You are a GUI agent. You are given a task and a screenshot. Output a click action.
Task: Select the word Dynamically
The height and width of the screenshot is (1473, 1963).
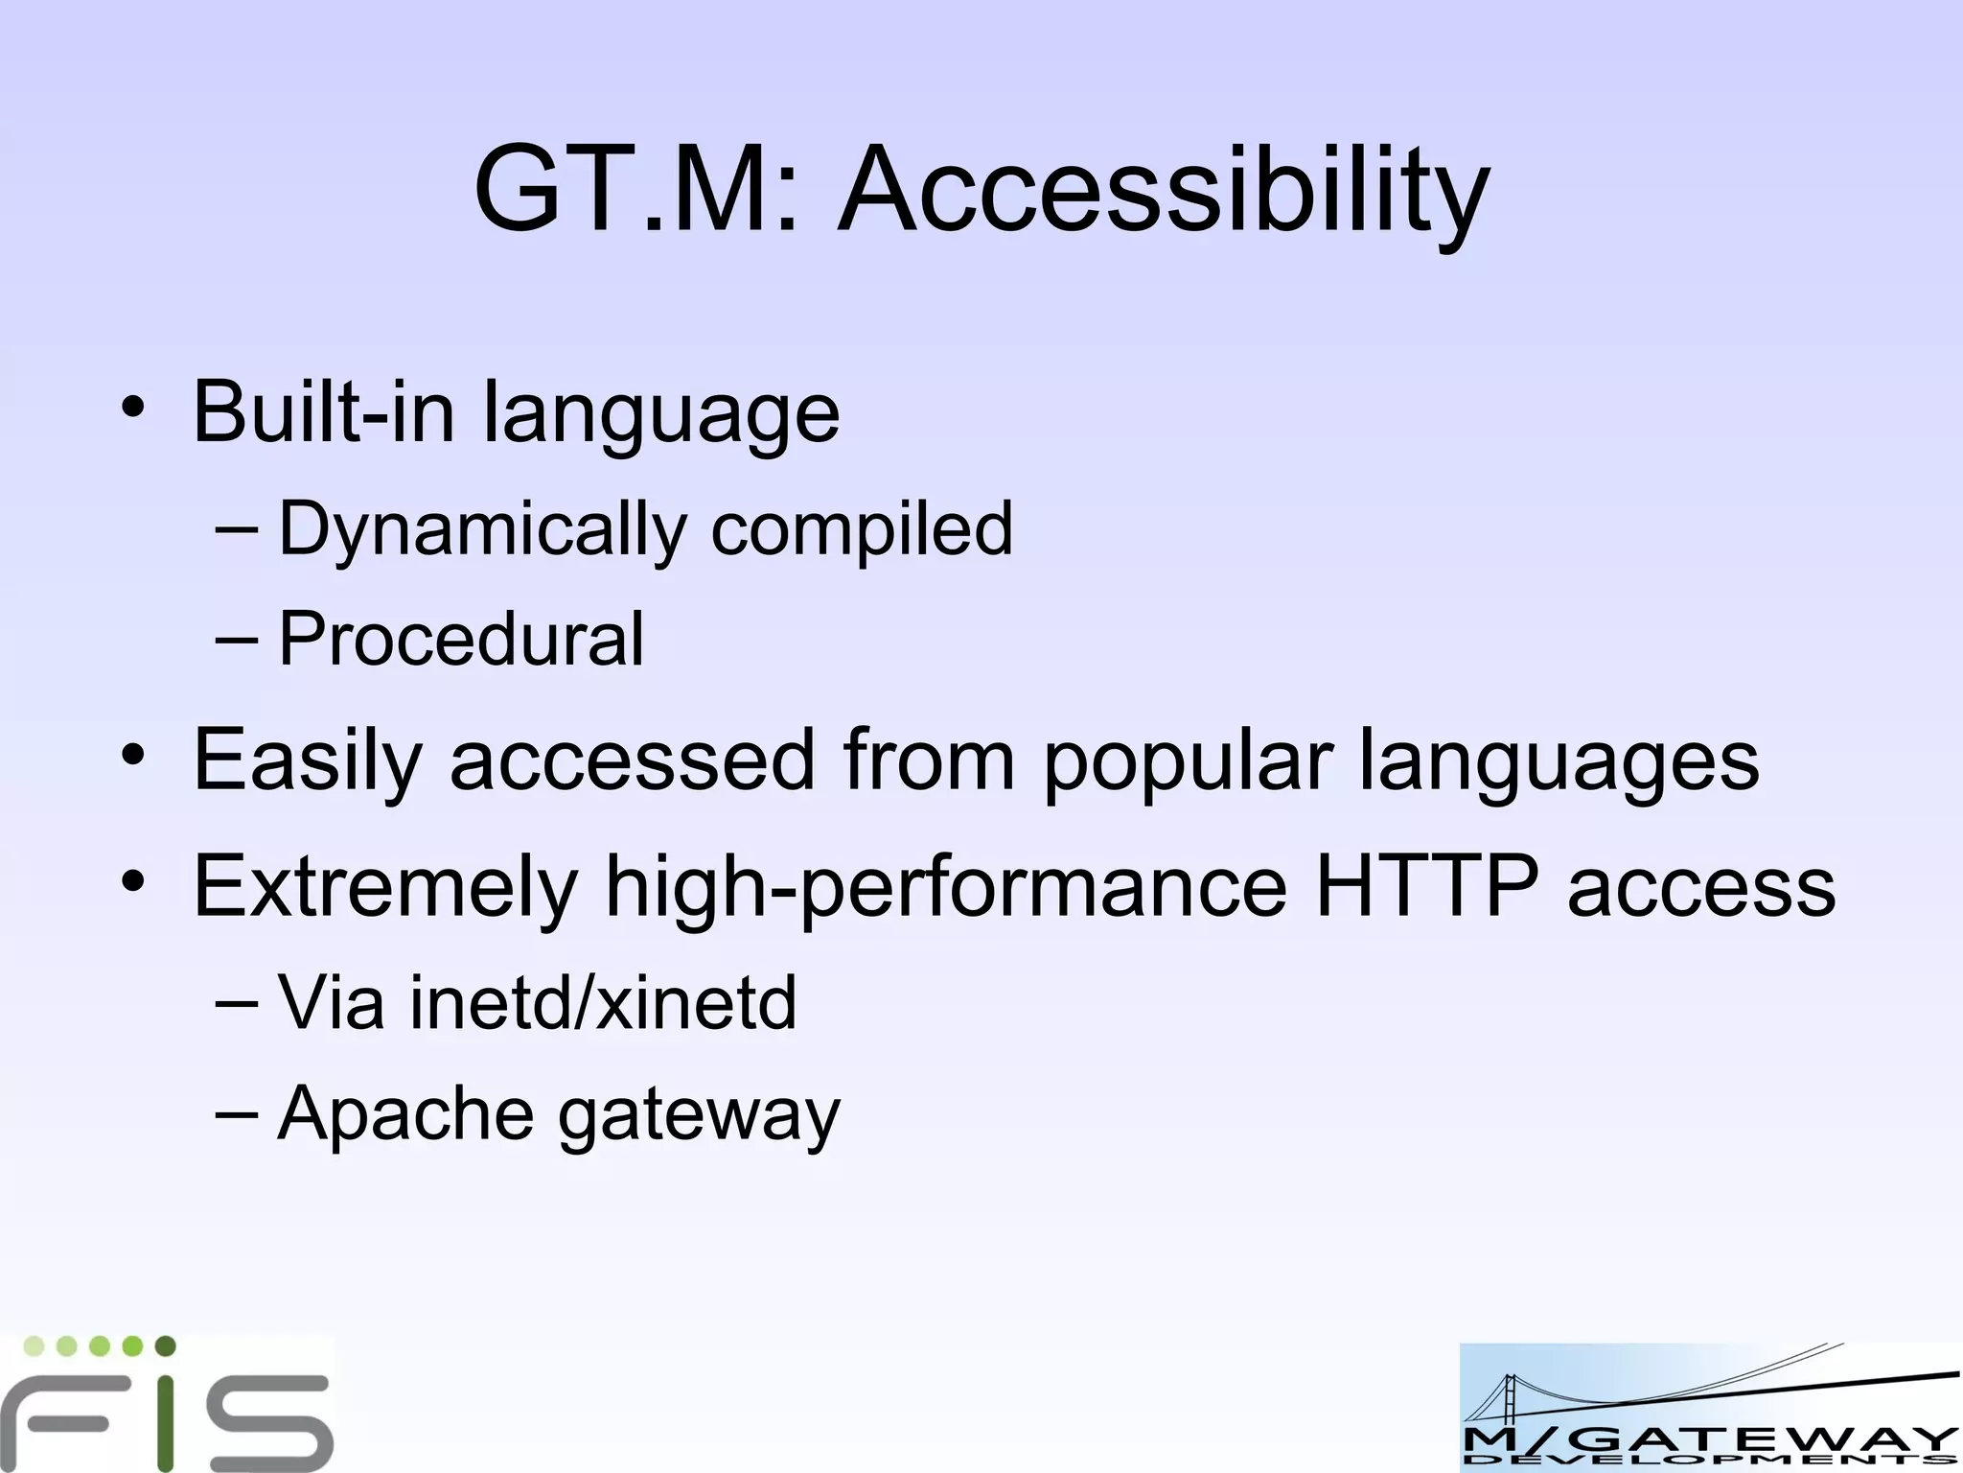[482, 529]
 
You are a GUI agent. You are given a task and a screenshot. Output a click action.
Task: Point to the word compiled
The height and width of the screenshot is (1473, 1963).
[861, 529]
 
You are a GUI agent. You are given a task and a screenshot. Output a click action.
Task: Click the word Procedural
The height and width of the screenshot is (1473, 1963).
[460, 639]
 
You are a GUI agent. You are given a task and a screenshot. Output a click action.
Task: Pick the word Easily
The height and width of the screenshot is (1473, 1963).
[307, 760]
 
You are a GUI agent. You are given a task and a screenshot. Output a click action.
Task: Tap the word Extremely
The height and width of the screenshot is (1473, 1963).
[385, 887]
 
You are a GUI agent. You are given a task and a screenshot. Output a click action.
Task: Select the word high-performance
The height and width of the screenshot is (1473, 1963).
[946, 887]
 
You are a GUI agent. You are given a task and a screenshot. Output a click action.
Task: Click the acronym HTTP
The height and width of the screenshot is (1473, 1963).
[1426, 887]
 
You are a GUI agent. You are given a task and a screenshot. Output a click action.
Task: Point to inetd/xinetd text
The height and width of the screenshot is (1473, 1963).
[603, 1003]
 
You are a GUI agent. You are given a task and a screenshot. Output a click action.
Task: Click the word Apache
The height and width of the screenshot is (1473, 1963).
[405, 1114]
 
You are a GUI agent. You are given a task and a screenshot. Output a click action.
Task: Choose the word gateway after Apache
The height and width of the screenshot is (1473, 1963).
[699, 1116]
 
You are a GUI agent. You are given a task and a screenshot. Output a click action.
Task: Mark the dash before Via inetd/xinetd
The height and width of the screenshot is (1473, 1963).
[237, 1003]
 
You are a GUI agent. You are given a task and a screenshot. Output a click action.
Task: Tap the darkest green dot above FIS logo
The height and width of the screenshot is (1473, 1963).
[165, 1345]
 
